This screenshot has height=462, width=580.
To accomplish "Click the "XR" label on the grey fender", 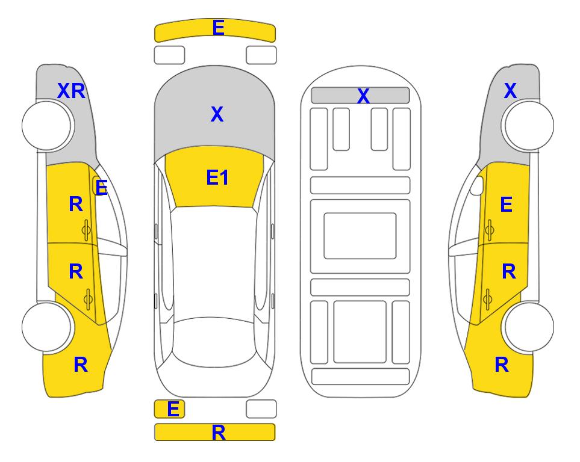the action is click(x=72, y=91).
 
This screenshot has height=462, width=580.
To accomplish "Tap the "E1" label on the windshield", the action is click(x=217, y=177).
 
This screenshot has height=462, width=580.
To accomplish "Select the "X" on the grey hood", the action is click(x=217, y=114).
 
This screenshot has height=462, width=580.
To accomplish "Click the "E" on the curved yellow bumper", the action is click(x=218, y=28).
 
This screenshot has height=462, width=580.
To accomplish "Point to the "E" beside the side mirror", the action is click(x=101, y=188).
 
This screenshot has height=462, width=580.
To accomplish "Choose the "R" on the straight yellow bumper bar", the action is click(x=219, y=433).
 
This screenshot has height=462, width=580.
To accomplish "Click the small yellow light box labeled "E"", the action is click(x=169, y=409).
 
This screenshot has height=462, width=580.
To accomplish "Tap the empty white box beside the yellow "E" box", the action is click(x=261, y=409).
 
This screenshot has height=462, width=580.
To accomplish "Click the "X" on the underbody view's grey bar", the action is click(x=363, y=96).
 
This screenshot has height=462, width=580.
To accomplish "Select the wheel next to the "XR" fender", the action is click(x=46, y=126).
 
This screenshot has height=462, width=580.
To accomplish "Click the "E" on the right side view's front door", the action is click(x=506, y=205).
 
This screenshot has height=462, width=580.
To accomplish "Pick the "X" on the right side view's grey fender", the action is click(x=510, y=91).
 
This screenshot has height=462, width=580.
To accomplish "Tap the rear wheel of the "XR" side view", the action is click(x=46, y=327).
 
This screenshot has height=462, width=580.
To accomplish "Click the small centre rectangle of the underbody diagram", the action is click(x=360, y=236).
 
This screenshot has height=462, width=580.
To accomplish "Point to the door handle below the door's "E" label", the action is click(x=489, y=230).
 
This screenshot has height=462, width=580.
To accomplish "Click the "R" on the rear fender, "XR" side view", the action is click(x=81, y=365).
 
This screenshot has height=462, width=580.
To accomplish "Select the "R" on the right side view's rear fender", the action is click(x=502, y=365).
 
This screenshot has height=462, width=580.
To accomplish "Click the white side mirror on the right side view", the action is click(x=477, y=185).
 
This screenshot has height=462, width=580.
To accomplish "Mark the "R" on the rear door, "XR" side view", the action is click(x=76, y=271).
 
